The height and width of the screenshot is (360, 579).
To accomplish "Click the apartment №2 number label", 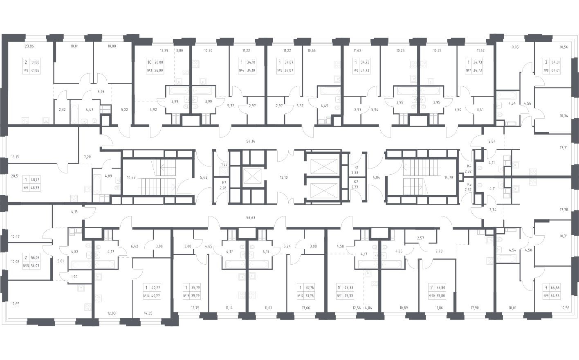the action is pos(26,70).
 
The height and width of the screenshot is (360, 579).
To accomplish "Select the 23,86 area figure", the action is pos(29,46).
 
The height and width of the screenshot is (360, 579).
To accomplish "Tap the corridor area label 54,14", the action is pos(251,142).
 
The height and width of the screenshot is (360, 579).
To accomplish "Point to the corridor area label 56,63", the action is pos(251,218).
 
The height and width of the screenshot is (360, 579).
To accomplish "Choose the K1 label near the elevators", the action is pos(356,167).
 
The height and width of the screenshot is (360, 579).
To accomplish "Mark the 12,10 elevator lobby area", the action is pos(284,178).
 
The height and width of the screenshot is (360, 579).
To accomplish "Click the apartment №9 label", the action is pos(546,296).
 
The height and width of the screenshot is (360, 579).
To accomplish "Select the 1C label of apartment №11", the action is pos(340,288).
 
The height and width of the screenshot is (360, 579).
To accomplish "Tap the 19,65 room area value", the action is pos(15,304).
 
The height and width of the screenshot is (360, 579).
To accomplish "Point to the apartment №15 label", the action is pos(26,265).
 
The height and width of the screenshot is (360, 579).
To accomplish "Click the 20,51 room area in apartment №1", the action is pos(15,176).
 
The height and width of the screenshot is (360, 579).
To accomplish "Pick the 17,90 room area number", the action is pos(475,308).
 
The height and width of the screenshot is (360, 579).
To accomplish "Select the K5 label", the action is pos(469,184).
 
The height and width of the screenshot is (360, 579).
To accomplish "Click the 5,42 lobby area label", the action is pos(204,178).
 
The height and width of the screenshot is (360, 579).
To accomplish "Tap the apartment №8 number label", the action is pos(546,70).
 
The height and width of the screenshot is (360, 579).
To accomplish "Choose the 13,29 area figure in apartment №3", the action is pos(164,51).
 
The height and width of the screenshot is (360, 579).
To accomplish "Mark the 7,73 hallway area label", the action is pos(439,251).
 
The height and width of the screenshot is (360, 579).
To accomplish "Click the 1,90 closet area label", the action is pos(74,277).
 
